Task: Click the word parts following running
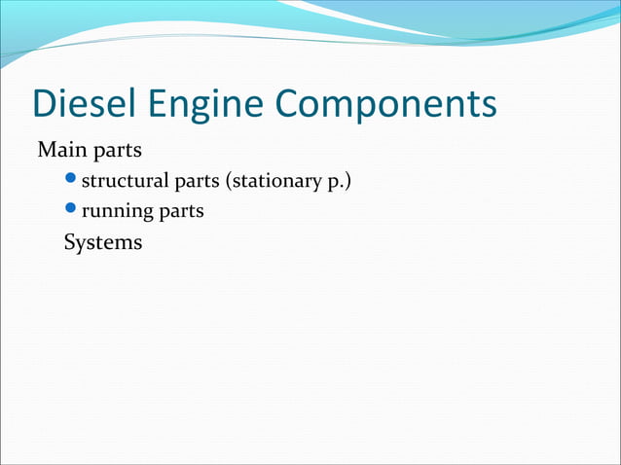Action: coord(182,210)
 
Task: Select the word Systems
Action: coord(102,242)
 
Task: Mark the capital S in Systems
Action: coord(70,241)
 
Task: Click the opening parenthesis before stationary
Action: coord(230,180)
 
